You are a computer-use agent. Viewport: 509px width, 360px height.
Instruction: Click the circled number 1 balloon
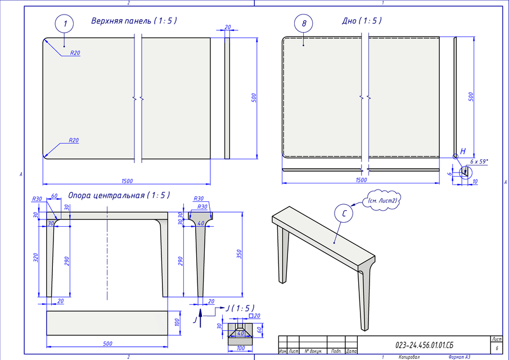point(65,24)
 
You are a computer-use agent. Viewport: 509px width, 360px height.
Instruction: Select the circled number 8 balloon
point(304,24)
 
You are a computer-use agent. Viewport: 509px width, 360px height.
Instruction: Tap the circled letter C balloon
point(344,214)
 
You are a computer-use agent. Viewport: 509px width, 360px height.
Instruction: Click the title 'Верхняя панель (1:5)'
point(134,21)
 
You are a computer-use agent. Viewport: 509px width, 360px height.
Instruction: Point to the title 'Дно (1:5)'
point(362,21)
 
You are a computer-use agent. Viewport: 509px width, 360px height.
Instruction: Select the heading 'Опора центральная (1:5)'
point(119,196)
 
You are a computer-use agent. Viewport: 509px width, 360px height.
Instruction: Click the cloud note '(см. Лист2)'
point(382,200)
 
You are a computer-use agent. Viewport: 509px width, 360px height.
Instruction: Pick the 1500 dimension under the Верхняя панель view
point(127,181)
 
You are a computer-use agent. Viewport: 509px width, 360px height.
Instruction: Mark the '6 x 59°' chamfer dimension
point(479,161)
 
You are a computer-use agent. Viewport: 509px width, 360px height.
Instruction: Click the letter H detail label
point(463,151)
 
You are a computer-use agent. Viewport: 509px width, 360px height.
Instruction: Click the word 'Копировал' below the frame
point(409,357)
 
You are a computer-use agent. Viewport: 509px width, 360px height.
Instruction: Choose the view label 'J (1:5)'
point(240,308)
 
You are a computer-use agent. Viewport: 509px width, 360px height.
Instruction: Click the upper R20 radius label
point(75,52)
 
